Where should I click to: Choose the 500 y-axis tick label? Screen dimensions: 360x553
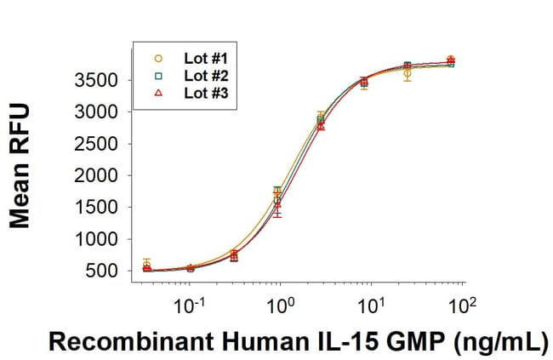point(105,271)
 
